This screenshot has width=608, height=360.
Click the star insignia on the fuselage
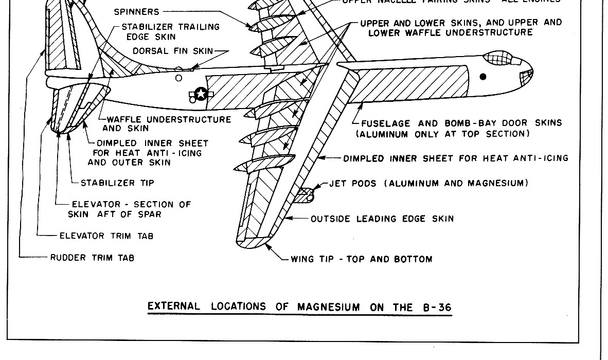click(x=201, y=94)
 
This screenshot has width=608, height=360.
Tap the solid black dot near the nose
click(x=483, y=77)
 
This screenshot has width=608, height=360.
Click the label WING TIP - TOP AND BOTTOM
click(x=361, y=259)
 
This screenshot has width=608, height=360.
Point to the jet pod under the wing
click(x=305, y=194)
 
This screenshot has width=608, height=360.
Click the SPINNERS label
click(x=136, y=11)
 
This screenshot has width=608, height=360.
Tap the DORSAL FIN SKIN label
click(x=173, y=51)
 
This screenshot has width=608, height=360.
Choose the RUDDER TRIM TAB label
click(x=92, y=258)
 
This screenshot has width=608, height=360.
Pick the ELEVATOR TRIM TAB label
click(x=106, y=236)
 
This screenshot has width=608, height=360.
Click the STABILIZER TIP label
click(x=117, y=183)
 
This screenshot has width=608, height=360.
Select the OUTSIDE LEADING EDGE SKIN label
click(x=382, y=219)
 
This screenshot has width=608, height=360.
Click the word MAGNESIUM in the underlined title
click(x=329, y=307)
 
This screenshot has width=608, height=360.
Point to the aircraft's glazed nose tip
click(x=527, y=77)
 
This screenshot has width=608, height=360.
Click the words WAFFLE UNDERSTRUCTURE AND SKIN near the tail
click(x=167, y=124)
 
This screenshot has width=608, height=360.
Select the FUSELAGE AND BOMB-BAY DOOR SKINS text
click(x=461, y=123)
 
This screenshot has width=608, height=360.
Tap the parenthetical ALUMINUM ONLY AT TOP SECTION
click(x=443, y=134)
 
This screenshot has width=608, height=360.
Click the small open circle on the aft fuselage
click(x=178, y=78)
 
